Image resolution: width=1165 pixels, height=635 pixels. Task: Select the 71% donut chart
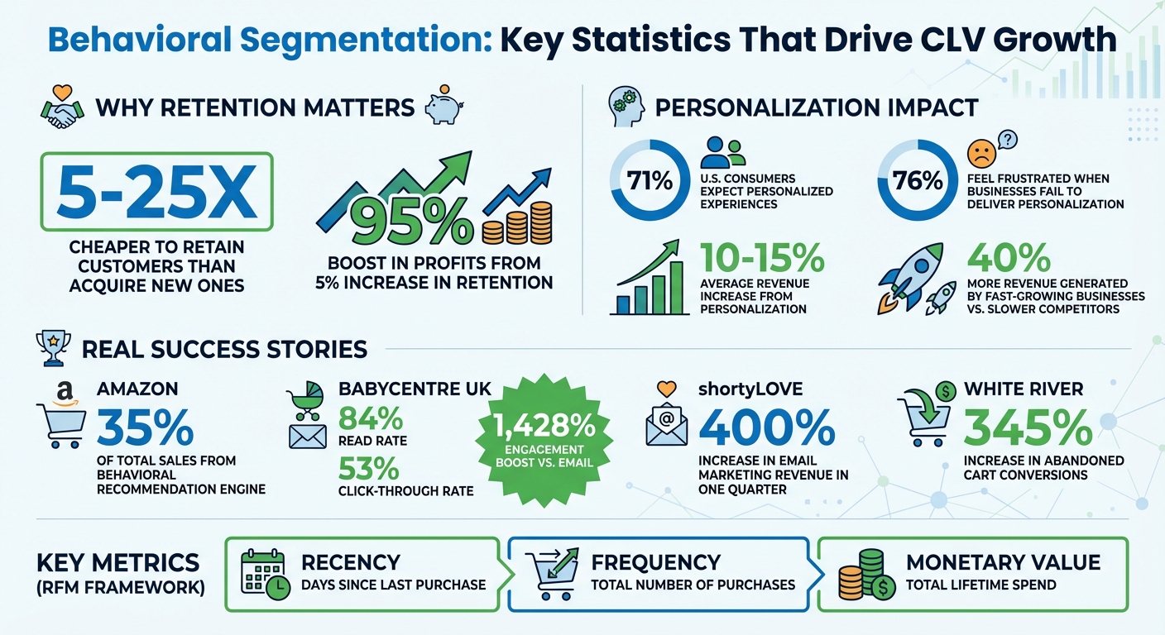pyautogui.click(x=650, y=179)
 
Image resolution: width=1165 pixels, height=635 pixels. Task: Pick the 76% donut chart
pyautogui.click(x=918, y=179)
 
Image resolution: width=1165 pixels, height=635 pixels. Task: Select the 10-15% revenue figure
pyautogui.click(x=761, y=260)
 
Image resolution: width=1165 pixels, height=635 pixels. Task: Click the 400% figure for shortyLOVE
pyautogui.click(x=766, y=429)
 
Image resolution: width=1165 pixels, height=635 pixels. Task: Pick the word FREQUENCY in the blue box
pyautogui.click(x=655, y=563)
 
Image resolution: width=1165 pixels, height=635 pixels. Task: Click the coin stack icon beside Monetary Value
pyautogui.click(x=863, y=573)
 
